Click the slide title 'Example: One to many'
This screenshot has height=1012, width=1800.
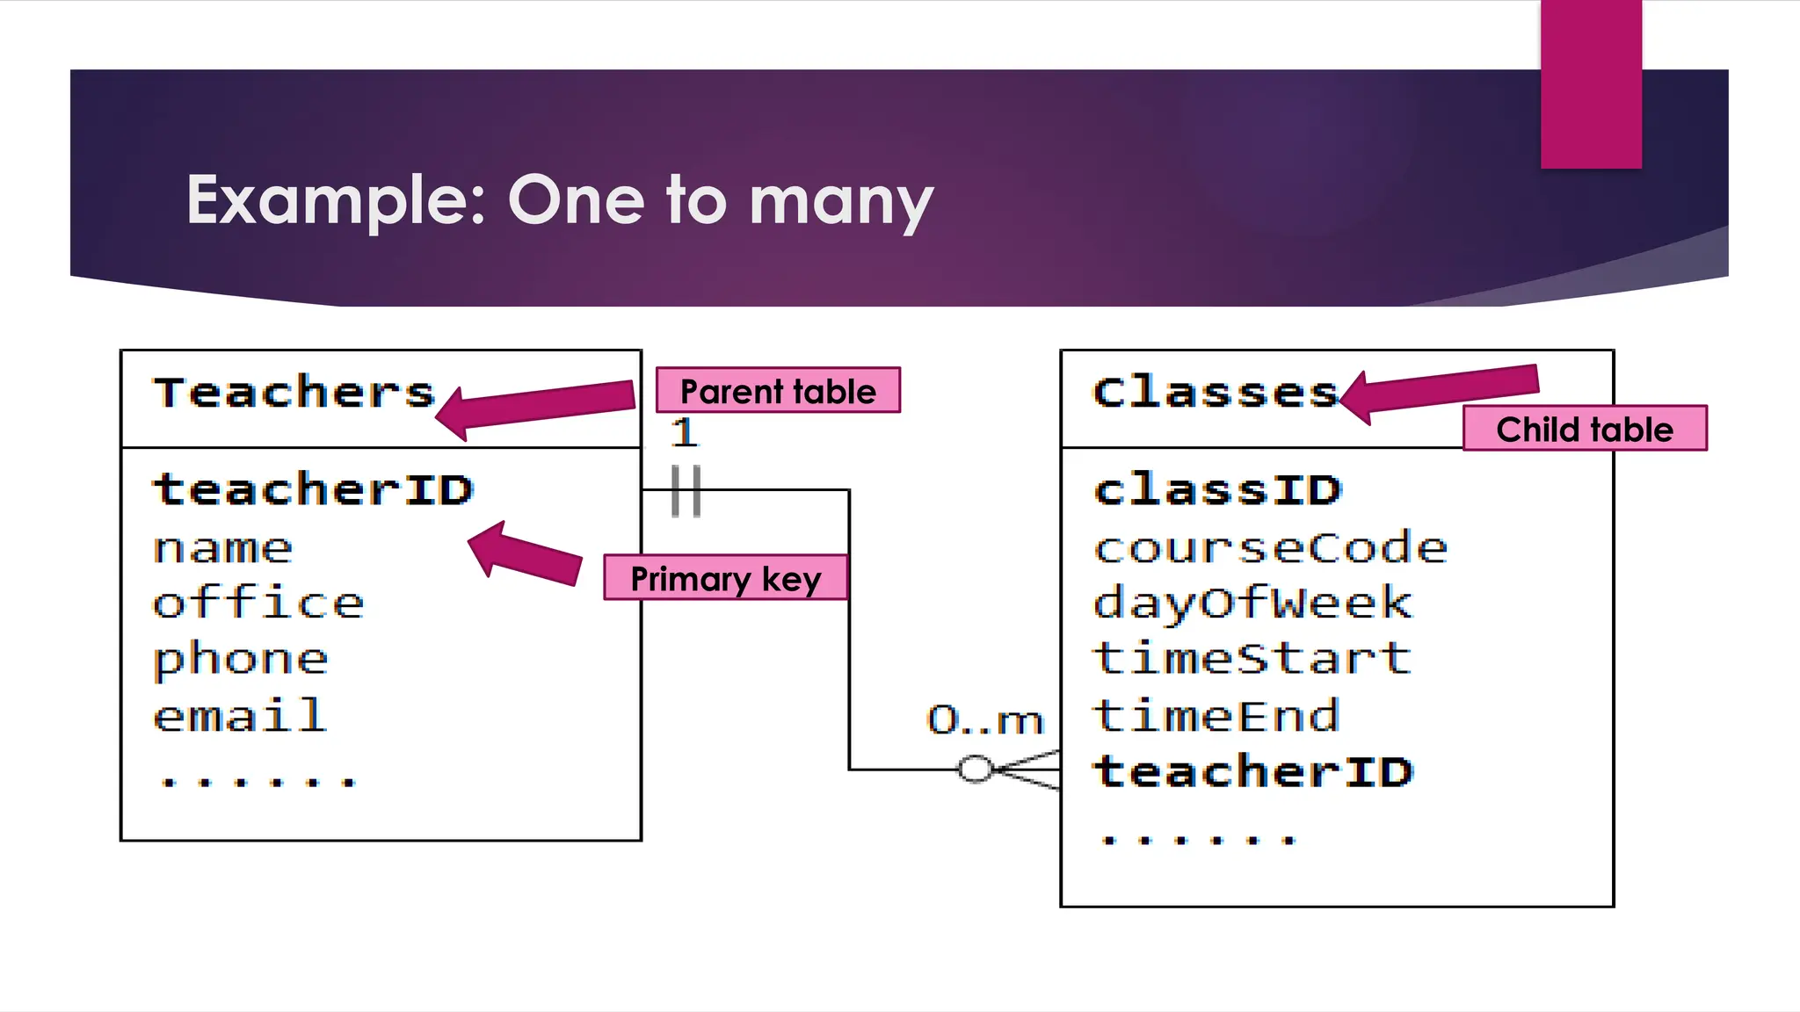click(x=559, y=200)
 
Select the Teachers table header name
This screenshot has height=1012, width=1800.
click(x=294, y=393)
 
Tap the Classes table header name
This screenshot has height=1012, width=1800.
click(x=1215, y=392)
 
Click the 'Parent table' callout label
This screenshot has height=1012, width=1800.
click(x=778, y=391)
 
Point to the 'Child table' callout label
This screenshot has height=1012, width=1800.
click(x=1585, y=429)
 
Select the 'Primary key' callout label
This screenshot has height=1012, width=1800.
click(x=725, y=578)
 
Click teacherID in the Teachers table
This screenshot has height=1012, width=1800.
click(x=313, y=489)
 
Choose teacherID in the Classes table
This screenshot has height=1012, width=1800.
click(x=1252, y=771)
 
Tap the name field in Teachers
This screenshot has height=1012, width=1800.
click(x=222, y=549)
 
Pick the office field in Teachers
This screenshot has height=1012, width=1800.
click(x=258, y=604)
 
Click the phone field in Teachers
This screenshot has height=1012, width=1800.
click(x=241, y=660)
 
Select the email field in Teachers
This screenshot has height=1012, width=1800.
click(x=240, y=715)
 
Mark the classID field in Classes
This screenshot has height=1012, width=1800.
click(x=1217, y=489)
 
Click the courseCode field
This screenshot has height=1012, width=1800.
click(x=1270, y=549)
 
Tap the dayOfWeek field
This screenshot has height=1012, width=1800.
click(x=1252, y=604)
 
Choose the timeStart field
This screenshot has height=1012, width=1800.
click(x=1252, y=658)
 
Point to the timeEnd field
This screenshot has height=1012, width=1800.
click(x=1216, y=715)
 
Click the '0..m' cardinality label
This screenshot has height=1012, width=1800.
click(x=984, y=720)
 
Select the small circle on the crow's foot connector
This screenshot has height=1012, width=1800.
click(x=974, y=770)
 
